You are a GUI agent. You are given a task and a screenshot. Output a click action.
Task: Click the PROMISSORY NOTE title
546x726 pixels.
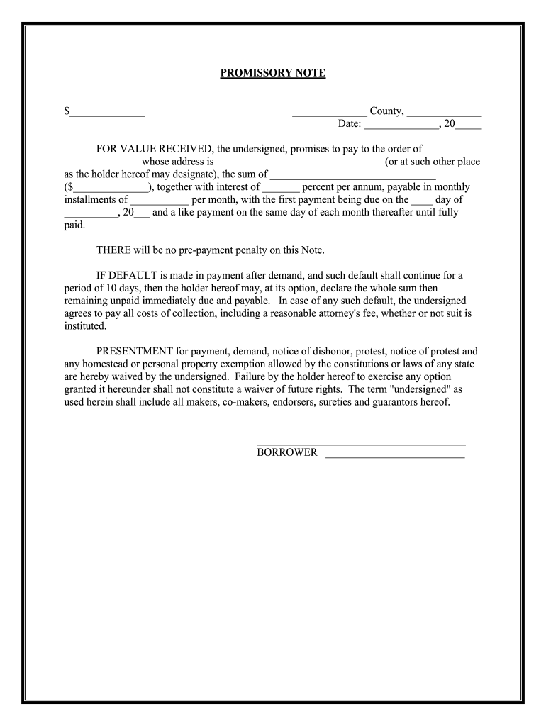coord(272,73)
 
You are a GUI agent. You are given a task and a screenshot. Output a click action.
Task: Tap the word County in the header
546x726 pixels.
coord(387,111)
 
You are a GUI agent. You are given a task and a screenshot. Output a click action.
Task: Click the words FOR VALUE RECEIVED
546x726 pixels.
coord(155,149)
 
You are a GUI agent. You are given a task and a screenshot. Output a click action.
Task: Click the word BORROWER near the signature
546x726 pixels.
coord(286,452)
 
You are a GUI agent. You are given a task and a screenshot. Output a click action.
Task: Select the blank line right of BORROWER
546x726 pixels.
coord(395,454)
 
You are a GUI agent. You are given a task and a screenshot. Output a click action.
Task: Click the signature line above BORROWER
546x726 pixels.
coord(360,443)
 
